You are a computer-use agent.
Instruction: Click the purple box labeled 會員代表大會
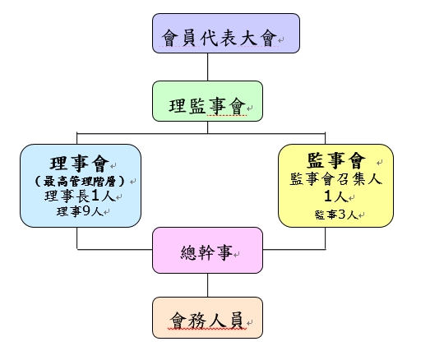coord(226,33)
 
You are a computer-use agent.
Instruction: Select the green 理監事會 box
coord(207,101)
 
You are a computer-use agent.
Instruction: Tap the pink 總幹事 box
coord(207,250)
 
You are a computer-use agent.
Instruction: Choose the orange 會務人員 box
coord(207,317)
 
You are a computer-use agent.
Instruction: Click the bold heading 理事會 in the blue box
coord(80,163)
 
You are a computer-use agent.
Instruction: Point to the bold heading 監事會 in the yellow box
coord(336,160)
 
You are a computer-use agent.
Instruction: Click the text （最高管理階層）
coord(80,182)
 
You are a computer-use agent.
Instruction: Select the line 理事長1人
coord(80,196)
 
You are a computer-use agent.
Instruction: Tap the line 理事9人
coord(80,211)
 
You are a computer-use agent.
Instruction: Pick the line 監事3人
coord(336,215)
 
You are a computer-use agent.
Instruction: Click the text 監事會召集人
coord(336,179)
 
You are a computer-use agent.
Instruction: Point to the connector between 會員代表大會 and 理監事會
coord(207,67)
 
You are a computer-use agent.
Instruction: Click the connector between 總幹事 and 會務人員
coord(207,285)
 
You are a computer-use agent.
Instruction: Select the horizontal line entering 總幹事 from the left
coord(114,250)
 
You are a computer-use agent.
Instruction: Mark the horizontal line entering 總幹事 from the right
coord(294,250)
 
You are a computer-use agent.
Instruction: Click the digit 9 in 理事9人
coord(86,211)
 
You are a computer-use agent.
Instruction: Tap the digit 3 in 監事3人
coord(342,215)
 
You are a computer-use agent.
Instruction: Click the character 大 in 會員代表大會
coord(249,38)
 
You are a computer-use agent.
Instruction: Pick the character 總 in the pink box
coord(188,252)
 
